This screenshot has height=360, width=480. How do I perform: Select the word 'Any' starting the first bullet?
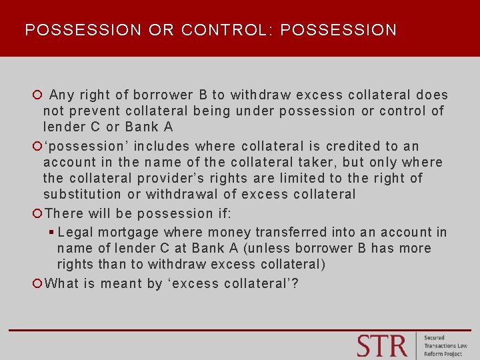[x=62, y=95]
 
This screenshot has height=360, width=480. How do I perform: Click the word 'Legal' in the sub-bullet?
[x=75, y=232]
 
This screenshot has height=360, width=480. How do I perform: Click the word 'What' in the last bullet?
[x=61, y=283]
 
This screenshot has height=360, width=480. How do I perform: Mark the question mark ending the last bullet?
[x=295, y=283]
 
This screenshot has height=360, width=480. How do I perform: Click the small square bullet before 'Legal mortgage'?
[x=51, y=232]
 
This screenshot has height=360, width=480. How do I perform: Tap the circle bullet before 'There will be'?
[x=38, y=213]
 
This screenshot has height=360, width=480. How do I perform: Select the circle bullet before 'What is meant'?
[x=38, y=283]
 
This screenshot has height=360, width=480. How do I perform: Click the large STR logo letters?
[x=381, y=345]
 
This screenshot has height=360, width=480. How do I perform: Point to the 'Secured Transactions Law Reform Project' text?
[x=446, y=345]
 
